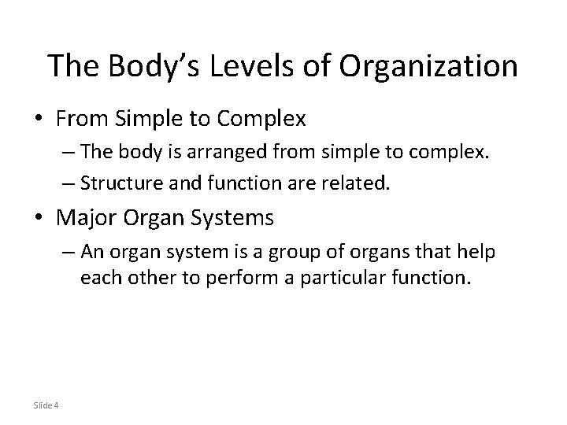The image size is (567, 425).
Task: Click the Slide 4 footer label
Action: [46, 405]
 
